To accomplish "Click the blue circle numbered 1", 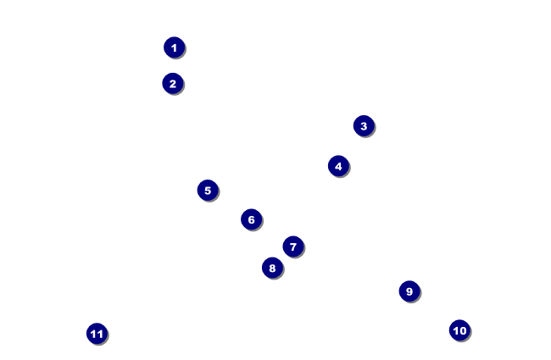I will (174, 47).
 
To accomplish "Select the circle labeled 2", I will (172, 83).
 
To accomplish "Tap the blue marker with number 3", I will (363, 125).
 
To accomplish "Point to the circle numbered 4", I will (337, 165).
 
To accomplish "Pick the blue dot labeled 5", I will (207, 190).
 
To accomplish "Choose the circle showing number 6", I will (250, 219).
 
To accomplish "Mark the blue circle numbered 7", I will (292, 246).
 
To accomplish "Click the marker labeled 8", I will (271, 268).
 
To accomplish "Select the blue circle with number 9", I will (409, 291).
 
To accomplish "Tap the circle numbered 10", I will (459, 330).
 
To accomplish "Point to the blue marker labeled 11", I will (97, 333).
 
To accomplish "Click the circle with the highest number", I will (97, 333).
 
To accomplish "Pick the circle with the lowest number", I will (174, 47).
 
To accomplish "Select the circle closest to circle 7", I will (271, 268).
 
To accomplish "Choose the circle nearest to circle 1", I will (172, 83).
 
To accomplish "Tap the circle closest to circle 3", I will (337, 165).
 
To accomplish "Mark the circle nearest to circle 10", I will (409, 291).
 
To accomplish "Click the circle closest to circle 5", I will (250, 219).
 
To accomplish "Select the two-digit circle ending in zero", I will (459, 330).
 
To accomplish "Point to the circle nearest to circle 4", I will (363, 125).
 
